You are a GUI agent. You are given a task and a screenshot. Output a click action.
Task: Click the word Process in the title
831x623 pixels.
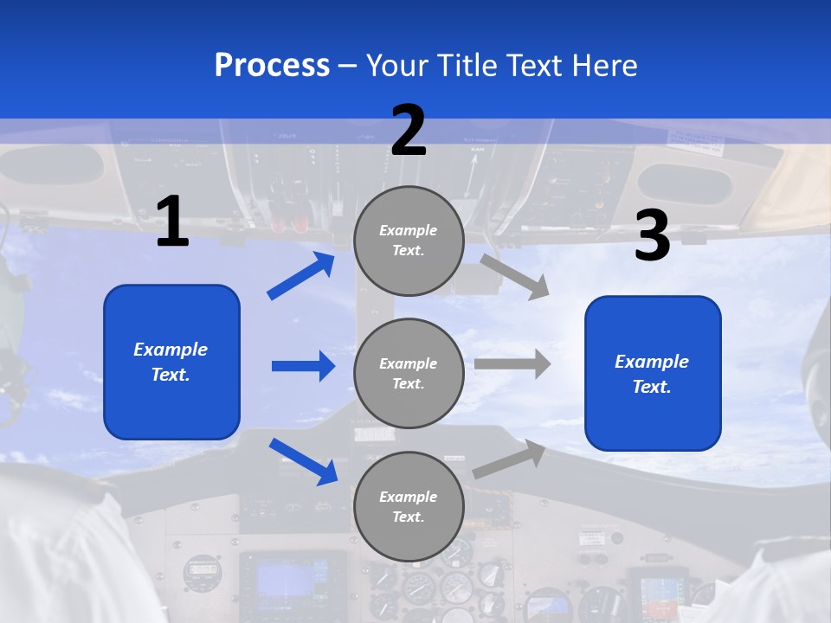click(272, 65)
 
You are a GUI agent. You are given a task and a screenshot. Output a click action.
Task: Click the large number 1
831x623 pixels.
click(172, 222)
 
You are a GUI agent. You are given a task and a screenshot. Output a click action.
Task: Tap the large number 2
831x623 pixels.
click(409, 131)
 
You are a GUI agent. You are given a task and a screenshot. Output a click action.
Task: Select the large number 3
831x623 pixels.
click(652, 236)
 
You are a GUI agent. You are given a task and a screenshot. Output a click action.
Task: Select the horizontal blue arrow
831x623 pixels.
click(303, 366)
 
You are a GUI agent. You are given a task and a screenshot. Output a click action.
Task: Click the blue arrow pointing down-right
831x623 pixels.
click(303, 461)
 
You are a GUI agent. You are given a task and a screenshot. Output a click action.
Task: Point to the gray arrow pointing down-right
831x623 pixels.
click(514, 276)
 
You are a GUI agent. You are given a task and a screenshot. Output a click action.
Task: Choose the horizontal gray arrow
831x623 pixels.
click(512, 363)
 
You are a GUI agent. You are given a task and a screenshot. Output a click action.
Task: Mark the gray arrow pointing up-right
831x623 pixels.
click(510, 459)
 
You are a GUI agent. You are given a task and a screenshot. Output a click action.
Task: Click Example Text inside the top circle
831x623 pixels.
click(409, 241)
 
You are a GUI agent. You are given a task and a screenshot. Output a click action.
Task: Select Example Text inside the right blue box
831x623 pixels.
click(652, 374)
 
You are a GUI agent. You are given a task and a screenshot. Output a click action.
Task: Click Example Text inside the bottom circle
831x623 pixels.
click(409, 507)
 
